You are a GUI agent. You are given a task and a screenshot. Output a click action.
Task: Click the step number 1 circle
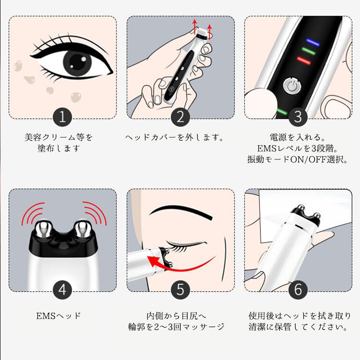pos(63,117)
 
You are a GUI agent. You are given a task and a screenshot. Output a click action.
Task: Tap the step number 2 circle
pos(180,117)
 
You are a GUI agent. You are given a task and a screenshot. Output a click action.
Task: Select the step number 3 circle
pos(298,117)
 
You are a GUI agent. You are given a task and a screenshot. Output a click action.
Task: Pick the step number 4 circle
pos(63,290)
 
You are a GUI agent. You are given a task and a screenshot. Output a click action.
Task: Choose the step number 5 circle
pos(180,290)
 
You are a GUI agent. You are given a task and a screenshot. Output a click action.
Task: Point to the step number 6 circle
pos(298,290)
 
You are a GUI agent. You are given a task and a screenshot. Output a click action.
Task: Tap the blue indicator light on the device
pos(312,42)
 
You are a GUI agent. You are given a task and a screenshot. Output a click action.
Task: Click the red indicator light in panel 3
pos(304,61)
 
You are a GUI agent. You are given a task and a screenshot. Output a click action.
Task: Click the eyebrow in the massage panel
pos(181,211)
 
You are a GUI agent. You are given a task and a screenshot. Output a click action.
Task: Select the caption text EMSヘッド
pos(58,316)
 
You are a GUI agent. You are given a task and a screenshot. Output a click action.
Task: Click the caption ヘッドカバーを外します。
pos(175,137)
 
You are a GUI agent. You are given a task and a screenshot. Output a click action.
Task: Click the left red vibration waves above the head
pos(32,213)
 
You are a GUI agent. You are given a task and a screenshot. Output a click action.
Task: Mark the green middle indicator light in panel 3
pos(308,51)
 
